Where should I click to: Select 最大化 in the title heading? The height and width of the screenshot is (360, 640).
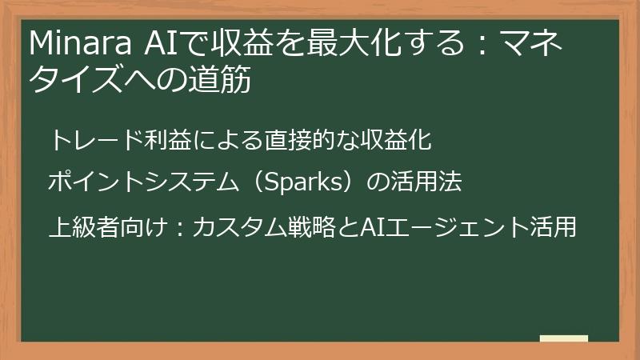click(x=330, y=43)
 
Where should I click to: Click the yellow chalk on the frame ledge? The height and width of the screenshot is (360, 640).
click(x=564, y=339)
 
